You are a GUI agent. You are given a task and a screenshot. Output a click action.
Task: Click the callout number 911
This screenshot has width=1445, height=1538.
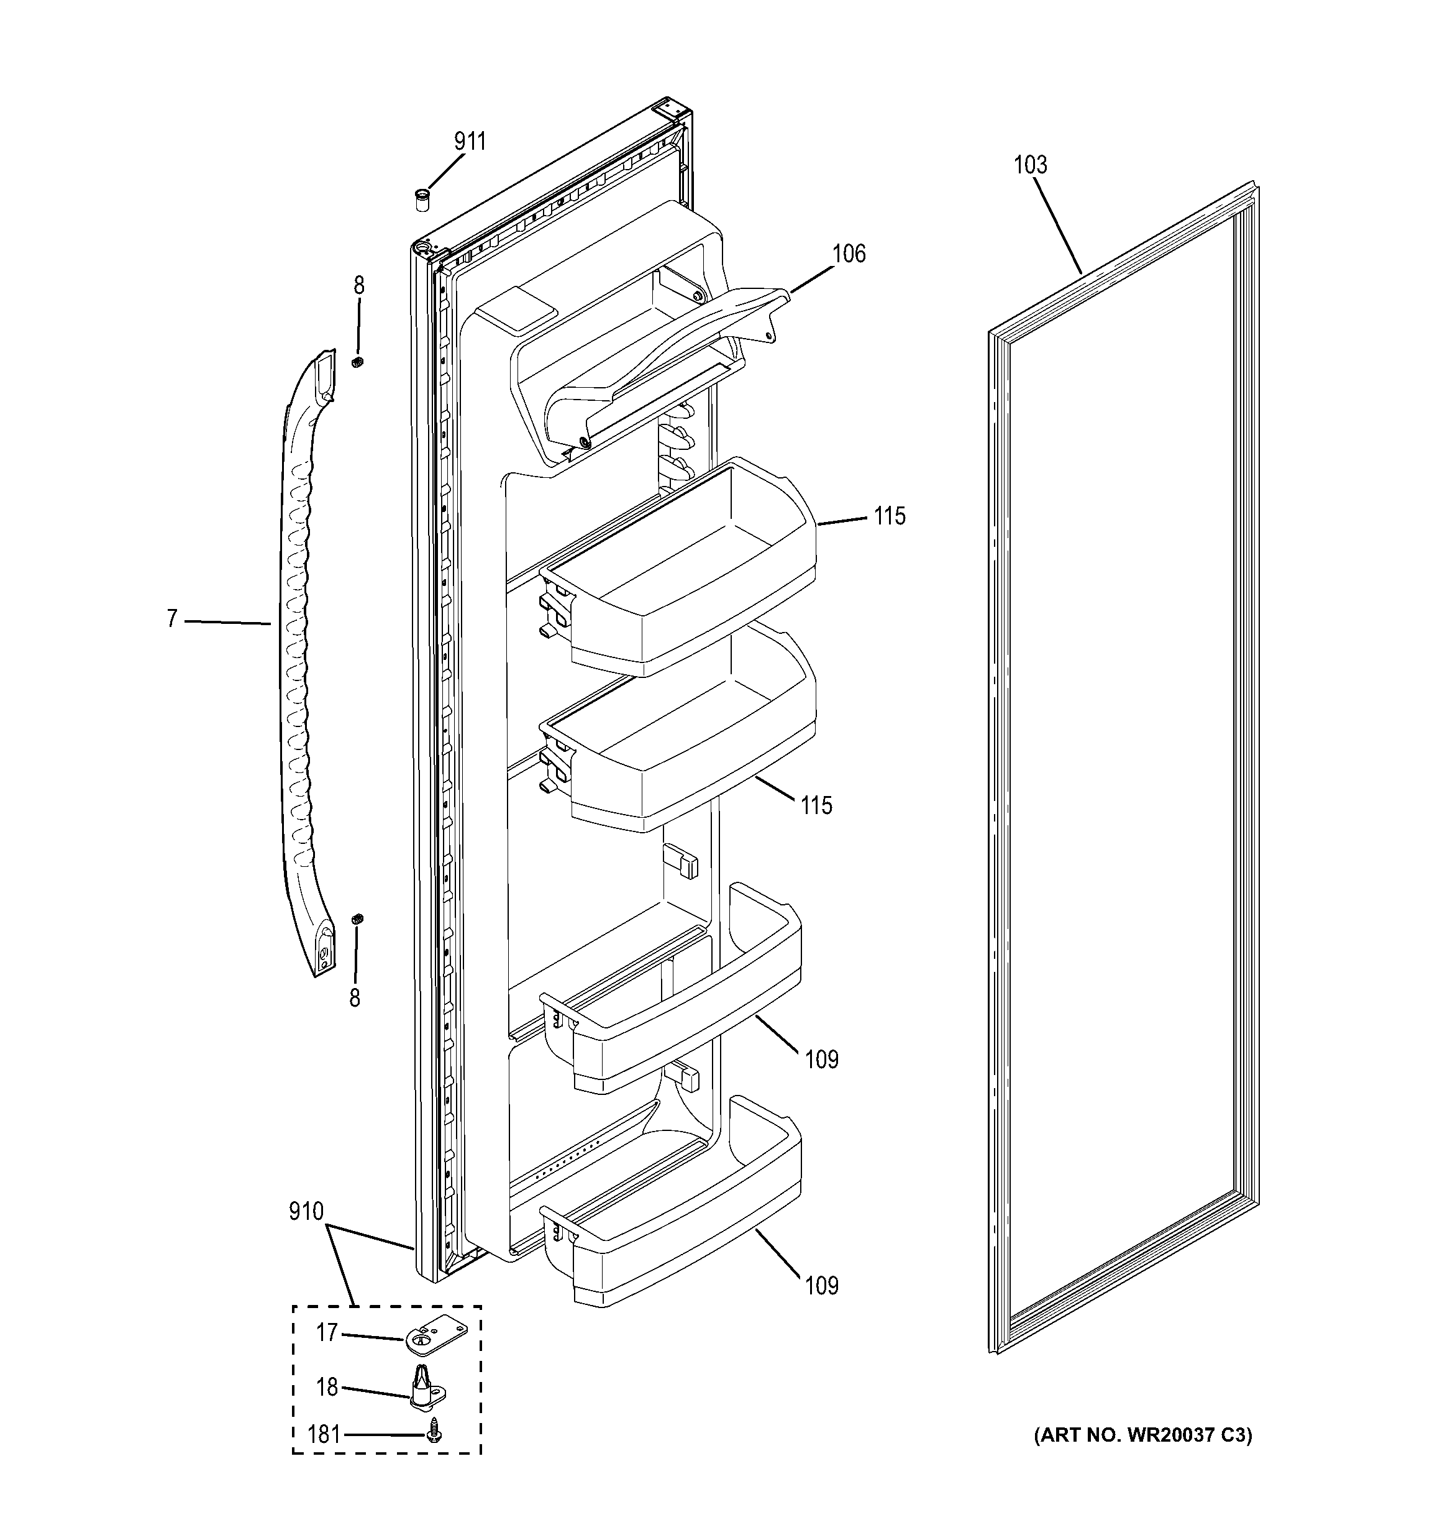coord(470,141)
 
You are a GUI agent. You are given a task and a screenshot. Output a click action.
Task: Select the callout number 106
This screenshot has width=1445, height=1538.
coord(849,253)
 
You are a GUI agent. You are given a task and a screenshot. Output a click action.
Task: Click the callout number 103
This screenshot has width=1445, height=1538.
coord(1031,165)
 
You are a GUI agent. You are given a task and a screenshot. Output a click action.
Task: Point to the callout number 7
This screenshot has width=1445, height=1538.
coord(171,619)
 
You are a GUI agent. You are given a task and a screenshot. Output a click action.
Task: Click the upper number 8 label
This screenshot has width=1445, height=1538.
coord(359,285)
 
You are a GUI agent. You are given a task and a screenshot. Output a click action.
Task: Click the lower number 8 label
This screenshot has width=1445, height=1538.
coord(354,998)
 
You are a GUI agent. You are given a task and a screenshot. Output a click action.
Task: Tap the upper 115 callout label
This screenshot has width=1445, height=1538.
coord(890,516)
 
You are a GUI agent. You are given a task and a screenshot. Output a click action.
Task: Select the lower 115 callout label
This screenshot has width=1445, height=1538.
coord(816,805)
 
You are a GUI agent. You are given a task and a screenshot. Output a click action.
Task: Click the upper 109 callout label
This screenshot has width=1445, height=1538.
coord(821,1059)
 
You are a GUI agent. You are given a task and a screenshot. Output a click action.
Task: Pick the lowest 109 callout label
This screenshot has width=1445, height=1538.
coord(821,1285)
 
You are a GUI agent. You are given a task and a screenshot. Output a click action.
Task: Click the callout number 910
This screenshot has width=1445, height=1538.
coord(306,1212)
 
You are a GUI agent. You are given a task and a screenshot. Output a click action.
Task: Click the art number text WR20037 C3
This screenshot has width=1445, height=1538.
coord(1142,1435)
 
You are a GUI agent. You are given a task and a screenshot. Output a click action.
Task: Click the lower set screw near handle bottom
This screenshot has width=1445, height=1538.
coord(357,919)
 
